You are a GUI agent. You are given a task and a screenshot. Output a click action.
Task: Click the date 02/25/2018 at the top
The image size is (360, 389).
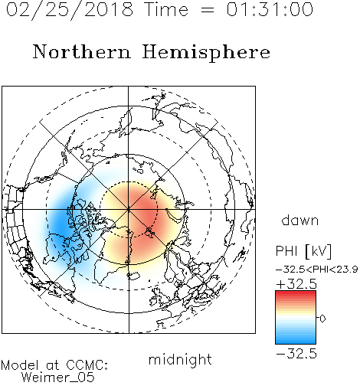point(70,10)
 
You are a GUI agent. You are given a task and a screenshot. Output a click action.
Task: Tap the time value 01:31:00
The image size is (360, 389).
point(270,9)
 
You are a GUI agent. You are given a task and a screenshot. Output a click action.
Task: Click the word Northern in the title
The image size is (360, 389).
point(82,51)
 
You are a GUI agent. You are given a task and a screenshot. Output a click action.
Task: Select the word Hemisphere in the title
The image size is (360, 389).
point(206,53)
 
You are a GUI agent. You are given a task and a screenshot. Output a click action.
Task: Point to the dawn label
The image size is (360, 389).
point(300,220)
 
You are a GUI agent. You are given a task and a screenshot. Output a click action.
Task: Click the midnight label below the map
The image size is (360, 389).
point(180,360)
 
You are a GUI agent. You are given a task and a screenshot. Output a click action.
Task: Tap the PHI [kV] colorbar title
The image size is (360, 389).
point(303,251)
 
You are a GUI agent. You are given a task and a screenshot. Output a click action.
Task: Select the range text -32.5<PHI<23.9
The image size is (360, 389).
point(317,270)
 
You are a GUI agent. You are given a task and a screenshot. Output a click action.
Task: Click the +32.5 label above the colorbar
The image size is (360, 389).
point(296,284)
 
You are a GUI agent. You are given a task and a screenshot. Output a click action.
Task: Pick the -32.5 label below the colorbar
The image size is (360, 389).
point(296,354)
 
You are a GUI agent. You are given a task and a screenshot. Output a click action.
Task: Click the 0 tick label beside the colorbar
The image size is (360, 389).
point(322,319)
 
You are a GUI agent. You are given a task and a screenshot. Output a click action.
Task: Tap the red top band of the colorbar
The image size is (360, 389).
point(296,294)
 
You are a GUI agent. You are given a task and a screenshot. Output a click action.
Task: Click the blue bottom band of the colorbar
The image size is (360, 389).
point(296,341)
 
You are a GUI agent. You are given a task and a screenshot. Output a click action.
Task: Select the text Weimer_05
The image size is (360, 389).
point(58,378)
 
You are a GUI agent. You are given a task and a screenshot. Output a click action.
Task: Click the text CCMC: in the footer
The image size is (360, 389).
point(87,365)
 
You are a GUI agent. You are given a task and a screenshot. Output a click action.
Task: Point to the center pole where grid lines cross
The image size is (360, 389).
point(129,209)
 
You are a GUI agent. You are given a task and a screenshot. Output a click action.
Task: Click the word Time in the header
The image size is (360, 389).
point(166,9)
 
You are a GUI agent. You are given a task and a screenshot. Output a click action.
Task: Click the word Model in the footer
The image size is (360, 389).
point(20,365)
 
